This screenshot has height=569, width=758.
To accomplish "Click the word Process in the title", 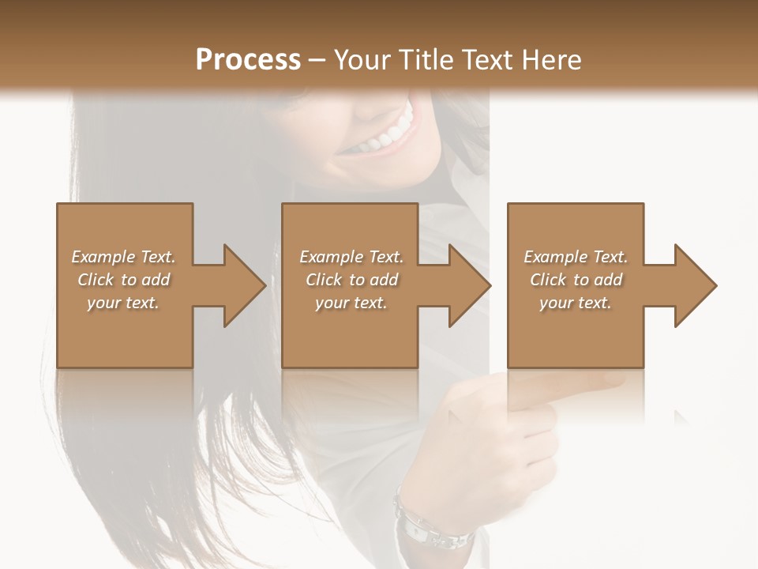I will click(248, 60).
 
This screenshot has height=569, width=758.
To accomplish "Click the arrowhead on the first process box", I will click(244, 285).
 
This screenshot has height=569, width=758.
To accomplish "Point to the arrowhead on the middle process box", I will click(470, 285).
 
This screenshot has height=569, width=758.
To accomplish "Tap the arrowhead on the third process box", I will click(696, 285).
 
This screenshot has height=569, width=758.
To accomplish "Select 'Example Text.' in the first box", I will click(123, 257).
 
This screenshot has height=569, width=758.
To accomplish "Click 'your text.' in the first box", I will click(123, 303).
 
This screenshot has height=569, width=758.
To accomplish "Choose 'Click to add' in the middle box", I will click(351, 280).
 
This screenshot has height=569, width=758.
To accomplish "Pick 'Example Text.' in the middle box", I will click(351, 257).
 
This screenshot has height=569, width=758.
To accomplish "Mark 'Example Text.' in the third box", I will click(576, 257).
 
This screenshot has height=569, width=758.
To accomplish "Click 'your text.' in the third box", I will click(576, 303).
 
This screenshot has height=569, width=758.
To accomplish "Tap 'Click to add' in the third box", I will click(576, 280).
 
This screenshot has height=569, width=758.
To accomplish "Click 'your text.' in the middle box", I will click(351, 303).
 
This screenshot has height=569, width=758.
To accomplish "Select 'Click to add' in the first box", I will click(123, 280).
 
